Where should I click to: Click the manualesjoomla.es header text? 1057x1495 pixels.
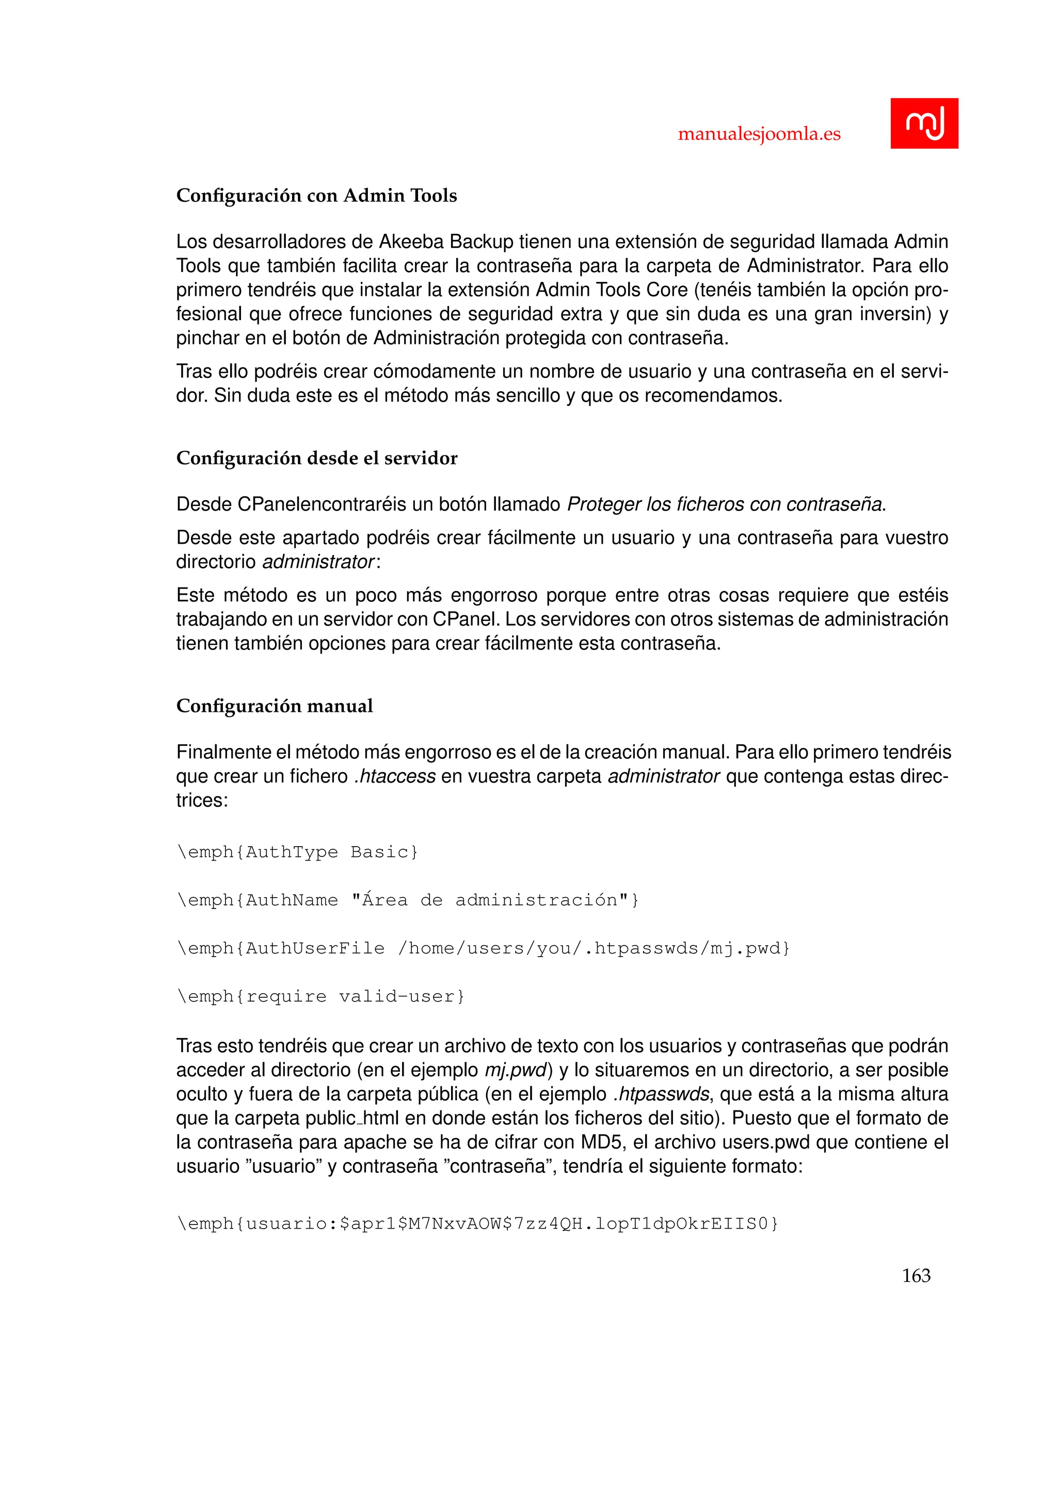(x=759, y=134)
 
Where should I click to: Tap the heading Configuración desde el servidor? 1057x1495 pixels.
(x=316, y=458)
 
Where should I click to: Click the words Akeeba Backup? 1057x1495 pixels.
(x=446, y=242)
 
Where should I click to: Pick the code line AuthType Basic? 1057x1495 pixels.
(x=297, y=852)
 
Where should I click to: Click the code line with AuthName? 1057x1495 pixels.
(x=407, y=900)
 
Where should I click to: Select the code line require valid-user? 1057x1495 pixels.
(x=321, y=996)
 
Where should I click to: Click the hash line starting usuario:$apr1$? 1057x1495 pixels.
(x=477, y=1223)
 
